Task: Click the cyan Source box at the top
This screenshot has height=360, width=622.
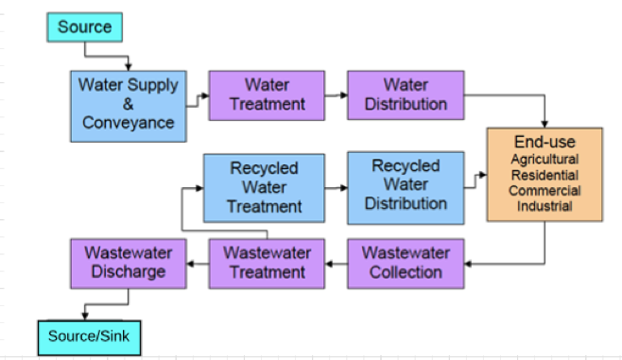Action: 85,26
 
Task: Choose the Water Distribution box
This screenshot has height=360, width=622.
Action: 406,94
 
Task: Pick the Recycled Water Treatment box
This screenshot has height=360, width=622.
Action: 264,186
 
